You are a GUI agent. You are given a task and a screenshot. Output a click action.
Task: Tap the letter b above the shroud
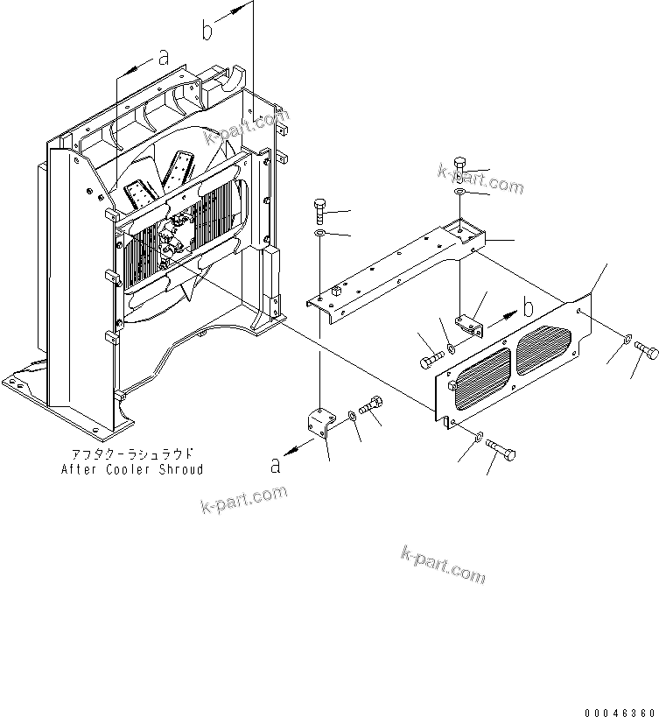pyautogui.click(x=207, y=31)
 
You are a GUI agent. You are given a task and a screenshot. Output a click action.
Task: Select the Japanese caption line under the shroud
pyautogui.click(x=132, y=454)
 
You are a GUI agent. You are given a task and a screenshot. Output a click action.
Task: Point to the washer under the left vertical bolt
pyautogui.click(x=321, y=235)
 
